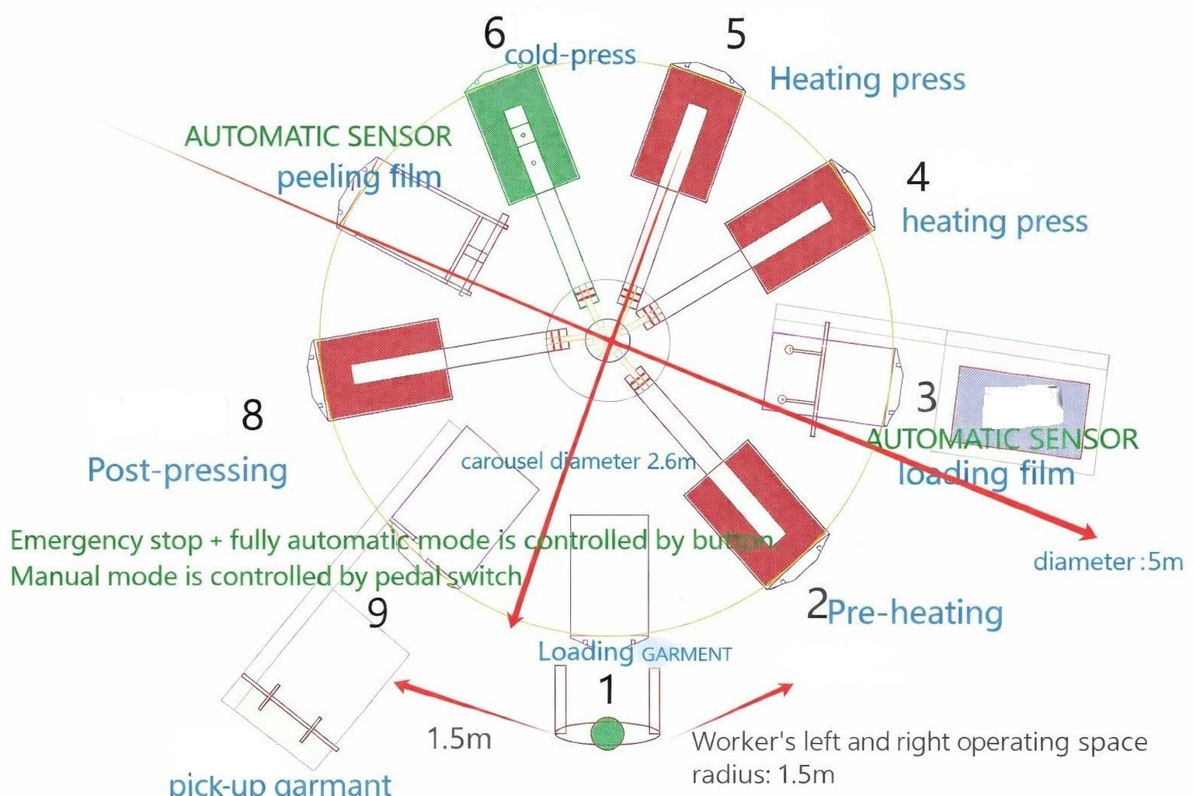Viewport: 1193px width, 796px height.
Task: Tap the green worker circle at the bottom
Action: click(x=607, y=733)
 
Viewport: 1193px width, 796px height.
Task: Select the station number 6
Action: click(x=494, y=33)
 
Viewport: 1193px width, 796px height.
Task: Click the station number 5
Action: click(x=735, y=34)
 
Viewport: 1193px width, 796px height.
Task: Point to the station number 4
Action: click(x=918, y=177)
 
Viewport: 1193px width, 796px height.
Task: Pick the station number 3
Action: click(x=926, y=398)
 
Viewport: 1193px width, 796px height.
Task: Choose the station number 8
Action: click(x=252, y=415)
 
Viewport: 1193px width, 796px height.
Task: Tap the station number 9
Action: click(x=377, y=613)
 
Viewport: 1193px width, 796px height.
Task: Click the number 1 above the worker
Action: click(x=607, y=690)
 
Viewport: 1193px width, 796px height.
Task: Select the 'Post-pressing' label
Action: click(x=187, y=471)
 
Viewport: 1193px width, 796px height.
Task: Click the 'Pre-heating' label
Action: click(x=915, y=613)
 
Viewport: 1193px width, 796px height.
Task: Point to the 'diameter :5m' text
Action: click(x=1108, y=561)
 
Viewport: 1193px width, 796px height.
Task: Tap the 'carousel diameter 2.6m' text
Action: click(x=578, y=462)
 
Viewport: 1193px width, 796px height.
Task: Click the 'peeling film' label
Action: click(x=359, y=177)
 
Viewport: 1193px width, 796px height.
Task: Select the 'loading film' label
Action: click(x=986, y=473)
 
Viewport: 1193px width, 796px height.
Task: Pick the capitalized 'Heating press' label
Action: click(x=868, y=79)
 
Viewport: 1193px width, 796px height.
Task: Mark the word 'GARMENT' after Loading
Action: click(x=687, y=655)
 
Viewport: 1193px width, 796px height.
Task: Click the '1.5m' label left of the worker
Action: click(x=459, y=738)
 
